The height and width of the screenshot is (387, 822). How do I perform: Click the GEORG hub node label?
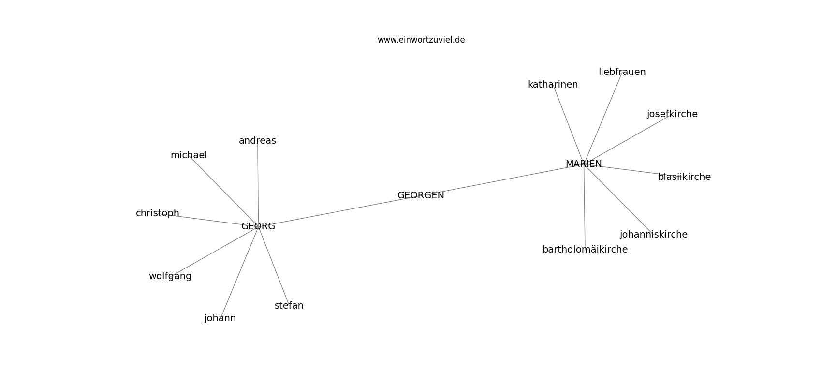point(258,226)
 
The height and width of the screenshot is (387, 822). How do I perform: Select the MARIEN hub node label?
point(584,164)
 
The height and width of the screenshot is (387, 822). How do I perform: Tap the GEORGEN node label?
point(421,195)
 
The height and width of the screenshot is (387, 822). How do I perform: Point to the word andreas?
point(257,141)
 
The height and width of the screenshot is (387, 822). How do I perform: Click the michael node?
point(189,155)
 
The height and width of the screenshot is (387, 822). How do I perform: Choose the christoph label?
point(158,213)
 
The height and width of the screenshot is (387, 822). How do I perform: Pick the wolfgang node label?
point(170,276)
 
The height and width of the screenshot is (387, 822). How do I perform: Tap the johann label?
point(220,318)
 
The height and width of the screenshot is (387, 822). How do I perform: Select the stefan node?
point(289,305)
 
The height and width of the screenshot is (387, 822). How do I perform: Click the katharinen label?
point(553,85)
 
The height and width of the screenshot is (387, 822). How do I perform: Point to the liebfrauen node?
point(622,72)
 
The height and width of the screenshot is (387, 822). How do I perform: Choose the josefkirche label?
point(672,114)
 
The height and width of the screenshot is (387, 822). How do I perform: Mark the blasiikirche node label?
point(684,177)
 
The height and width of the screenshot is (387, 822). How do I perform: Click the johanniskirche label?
point(653,235)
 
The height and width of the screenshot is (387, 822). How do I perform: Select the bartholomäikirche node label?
point(585,250)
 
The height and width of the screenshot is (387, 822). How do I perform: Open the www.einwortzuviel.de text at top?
point(421,40)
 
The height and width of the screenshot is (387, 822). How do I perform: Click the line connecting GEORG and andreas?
point(258,184)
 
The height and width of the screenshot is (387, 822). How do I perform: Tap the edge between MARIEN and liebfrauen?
point(603,118)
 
